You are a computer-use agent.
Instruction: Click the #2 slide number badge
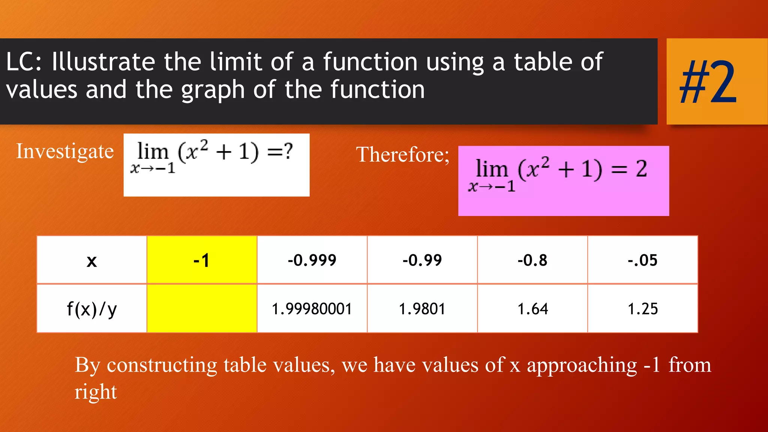pyautogui.click(x=708, y=82)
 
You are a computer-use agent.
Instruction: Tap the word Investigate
pyautogui.click(x=65, y=151)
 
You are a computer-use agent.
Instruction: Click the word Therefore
pyautogui.click(x=402, y=154)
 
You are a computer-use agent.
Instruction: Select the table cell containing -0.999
pyautogui.click(x=312, y=260)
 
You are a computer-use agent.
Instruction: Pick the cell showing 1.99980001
pyautogui.click(x=312, y=309)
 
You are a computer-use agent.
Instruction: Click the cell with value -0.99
pyautogui.click(x=422, y=260)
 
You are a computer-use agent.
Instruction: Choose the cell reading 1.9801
pyautogui.click(x=422, y=309)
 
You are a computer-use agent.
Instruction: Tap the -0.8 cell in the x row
pyautogui.click(x=532, y=260)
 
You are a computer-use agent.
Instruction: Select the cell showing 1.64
pyautogui.click(x=532, y=309)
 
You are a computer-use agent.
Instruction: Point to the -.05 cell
pyautogui.click(x=643, y=260)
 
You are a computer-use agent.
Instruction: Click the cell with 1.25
pyautogui.click(x=643, y=309)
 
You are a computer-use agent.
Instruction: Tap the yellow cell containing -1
pyautogui.click(x=202, y=260)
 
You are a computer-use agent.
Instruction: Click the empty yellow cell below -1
pyautogui.click(x=202, y=309)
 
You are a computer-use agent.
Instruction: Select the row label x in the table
pyautogui.click(x=92, y=261)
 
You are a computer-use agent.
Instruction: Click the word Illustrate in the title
pyautogui.click(x=103, y=62)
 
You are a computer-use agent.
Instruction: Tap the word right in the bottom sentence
pyautogui.click(x=96, y=392)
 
